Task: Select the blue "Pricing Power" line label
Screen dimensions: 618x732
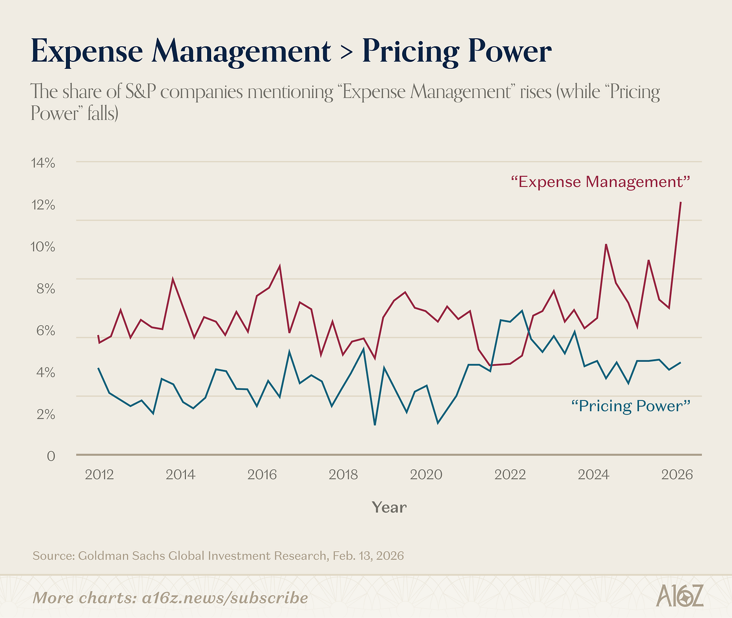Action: pyautogui.click(x=630, y=405)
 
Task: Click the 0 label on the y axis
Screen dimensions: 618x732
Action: pyautogui.click(x=51, y=456)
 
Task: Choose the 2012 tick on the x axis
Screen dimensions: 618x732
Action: pyautogui.click(x=99, y=475)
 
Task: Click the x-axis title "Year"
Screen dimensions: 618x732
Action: pyautogui.click(x=389, y=507)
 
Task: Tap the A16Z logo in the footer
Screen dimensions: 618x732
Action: pyautogui.click(x=680, y=595)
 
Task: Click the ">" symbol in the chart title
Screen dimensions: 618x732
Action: pyautogui.click(x=346, y=52)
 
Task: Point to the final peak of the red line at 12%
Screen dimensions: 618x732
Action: pyautogui.click(x=680, y=202)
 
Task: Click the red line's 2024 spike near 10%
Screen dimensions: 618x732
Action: pyautogui.click(x=606, y=245)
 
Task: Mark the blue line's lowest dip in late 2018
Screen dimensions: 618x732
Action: pyautogui.click(x=375, y=425)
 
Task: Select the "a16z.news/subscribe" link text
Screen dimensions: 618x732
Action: pyautogui.click(x=225, y=598)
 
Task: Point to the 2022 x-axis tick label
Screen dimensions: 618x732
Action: pyautogui.click(x=510, y=475)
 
